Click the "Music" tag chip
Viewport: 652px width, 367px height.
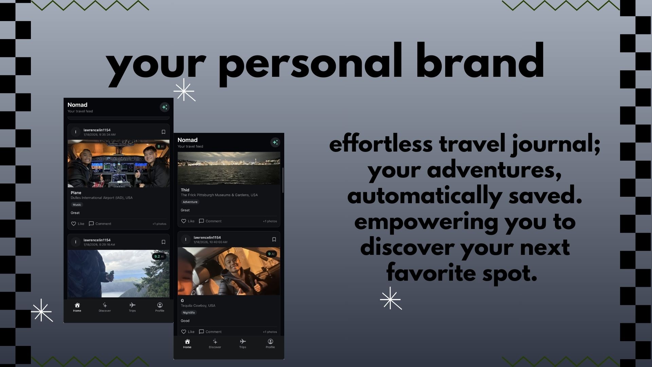[77, 205]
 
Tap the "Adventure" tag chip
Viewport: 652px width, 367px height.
[190, 202]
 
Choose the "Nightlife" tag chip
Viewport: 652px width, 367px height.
[189, 313]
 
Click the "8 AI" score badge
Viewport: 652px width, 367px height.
[160, 146]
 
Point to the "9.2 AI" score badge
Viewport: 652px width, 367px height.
[159, 257]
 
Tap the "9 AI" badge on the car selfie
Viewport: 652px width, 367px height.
[271, 254]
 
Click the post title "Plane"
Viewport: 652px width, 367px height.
[76, 193]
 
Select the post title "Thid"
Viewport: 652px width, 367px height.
[185, 190]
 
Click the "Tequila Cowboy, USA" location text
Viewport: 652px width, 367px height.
[198, 305]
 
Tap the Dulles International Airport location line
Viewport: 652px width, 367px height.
[102, 198]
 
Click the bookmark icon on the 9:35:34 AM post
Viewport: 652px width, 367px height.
[163, 132]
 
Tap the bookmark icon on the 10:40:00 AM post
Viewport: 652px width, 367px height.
[274, 240]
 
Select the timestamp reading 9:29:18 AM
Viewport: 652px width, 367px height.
[99, 245]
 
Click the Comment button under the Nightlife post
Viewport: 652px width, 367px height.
[210, 332]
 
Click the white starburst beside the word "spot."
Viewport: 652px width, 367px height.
[391, 298]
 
